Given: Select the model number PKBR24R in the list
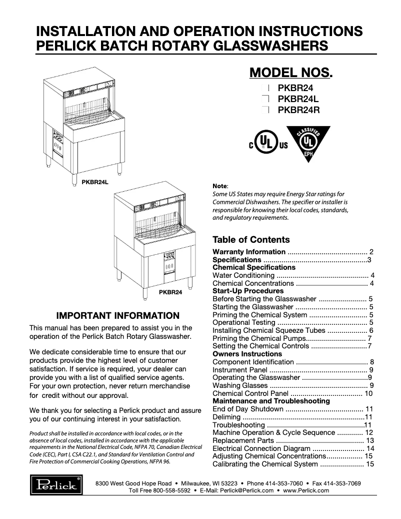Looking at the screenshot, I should [x=298, y=110].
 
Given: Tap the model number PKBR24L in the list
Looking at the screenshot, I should [x=298, y=99].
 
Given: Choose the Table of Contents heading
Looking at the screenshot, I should [x=251, y=240].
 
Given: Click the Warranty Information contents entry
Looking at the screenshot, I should [x=249, y=252].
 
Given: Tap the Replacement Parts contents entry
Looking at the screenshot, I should [x=243, y=440].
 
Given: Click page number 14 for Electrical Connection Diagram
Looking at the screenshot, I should [x=370, y=448].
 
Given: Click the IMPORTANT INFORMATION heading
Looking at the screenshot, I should [x=118, y=316].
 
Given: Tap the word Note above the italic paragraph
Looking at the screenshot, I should [x=220, y=185].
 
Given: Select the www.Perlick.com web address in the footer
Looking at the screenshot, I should [x=306, y=490].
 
